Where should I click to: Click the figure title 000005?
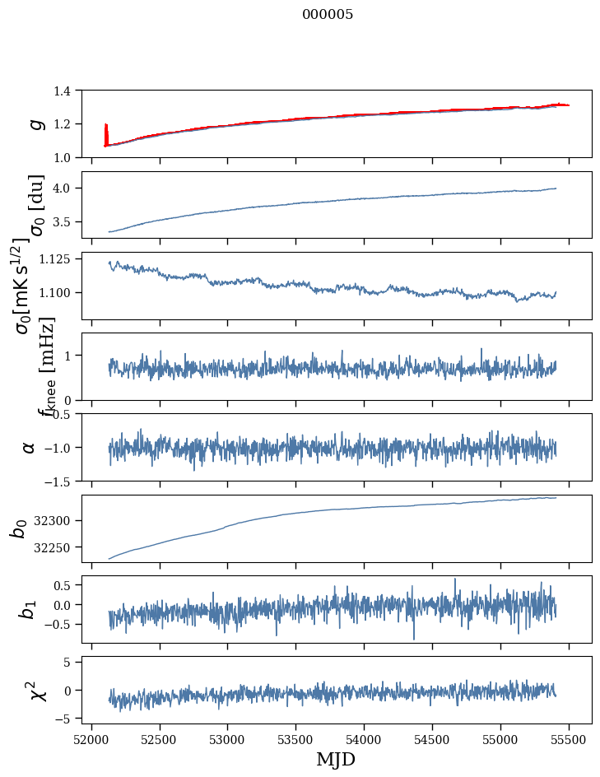point(328,15)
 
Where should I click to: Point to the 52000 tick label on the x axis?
point(91,739)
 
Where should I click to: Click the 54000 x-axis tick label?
point(365,739)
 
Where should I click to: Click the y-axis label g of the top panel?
point(35,123)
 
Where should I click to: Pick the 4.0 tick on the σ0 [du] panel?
point(67,188)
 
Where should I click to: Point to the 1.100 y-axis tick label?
point(59,293)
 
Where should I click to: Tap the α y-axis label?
point(29,447)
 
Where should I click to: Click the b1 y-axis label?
point(29,609)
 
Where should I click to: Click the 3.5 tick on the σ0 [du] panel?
point(67,222)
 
